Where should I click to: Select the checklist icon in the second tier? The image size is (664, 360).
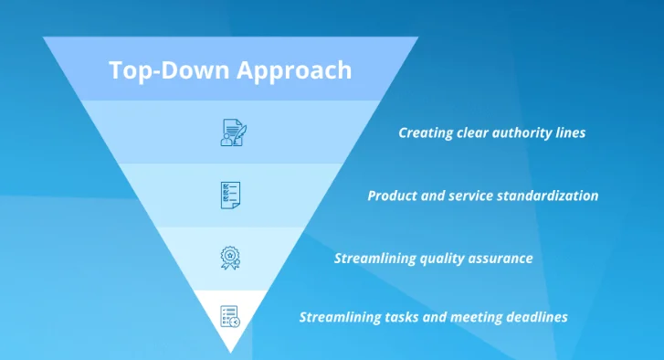(230, 195)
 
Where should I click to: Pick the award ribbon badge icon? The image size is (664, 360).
(230, 257)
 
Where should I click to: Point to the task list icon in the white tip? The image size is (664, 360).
(230, 316)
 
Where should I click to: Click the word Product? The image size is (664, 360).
(393, 196)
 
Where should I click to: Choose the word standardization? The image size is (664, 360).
(547, 196)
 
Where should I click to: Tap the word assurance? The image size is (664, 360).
(503, 259)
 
